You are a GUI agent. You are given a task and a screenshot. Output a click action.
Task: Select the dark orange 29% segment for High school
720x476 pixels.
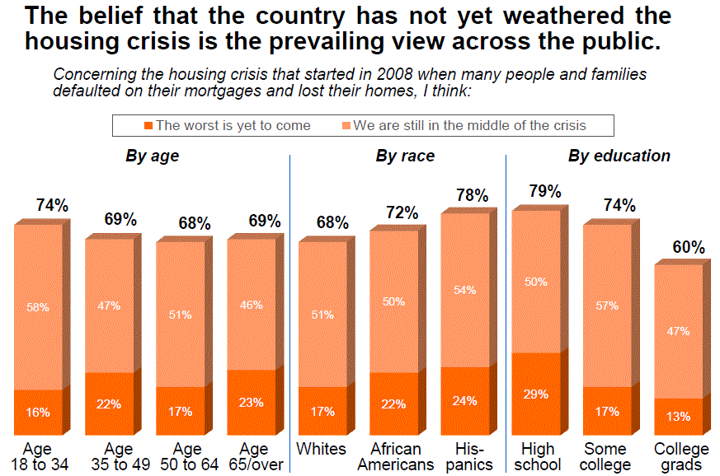pyautogui.click(x=537, y=394)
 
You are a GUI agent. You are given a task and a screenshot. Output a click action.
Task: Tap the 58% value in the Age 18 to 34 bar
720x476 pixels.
pyautogui.click(x=38, y=307)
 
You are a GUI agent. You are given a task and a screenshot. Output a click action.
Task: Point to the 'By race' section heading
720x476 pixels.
pyautogui.click(x=405, y=156)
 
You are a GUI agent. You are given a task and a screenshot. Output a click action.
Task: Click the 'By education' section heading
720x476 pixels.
pyautogui.click(x=619, y=156)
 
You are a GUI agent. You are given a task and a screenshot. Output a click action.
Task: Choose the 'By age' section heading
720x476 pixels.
pyautogui.click(x=152, y=156)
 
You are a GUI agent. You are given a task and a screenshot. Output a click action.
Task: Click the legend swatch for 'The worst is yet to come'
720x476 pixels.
pyautogui.click(x=148, y=126)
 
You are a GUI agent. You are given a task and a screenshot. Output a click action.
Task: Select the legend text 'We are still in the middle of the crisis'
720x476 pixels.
pyautogui.click(x=469, y=126)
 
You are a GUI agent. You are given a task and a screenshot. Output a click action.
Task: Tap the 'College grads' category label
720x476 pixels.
pyautogui.click(x=681, y=457)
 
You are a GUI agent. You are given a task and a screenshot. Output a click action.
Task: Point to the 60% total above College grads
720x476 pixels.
pyautogui.click(x=688, y=247)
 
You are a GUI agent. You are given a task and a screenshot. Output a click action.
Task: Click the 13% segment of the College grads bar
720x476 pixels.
pyautogui.click(x=679, y=417)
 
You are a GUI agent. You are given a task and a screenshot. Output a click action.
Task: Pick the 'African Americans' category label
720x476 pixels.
pyautogui.click(x=395, y=457)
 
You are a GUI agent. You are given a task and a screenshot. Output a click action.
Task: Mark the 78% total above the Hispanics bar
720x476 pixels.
pyautogui.click(x=473, y=195)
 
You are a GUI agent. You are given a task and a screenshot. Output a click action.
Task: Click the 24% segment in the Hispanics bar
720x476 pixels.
pyautogui.click(x=465, y=402)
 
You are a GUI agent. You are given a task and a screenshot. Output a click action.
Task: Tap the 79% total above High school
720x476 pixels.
pyautogui.click(x=545, y=192)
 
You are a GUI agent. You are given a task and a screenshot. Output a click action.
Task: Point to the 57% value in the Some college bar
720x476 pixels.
pyautogui.click(x=608, y=306)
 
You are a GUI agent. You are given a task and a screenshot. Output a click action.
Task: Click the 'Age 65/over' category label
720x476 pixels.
pyautogui.click(x=254, y=457)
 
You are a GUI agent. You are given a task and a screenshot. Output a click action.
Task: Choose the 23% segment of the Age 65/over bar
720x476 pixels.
pyautogui.click(x=252, y=403)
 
